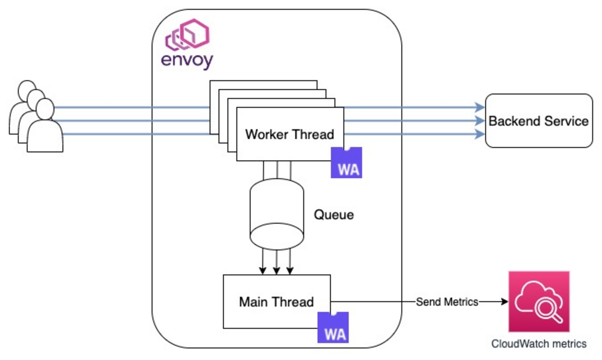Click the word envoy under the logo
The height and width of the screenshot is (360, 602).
click(187, 61)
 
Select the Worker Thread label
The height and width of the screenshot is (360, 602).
click(289, 135)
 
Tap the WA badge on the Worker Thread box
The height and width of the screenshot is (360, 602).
click(346, 163)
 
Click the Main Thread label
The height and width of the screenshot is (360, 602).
click(276, 302)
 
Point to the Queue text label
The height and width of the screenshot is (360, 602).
click(334, 215)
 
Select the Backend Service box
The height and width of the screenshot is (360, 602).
click(539, 121)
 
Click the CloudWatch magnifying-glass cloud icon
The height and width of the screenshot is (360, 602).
click(539, 302)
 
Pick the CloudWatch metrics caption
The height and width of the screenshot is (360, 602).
click(539, 344)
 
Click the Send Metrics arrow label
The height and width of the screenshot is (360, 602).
click(447, 302)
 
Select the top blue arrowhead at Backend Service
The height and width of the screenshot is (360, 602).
click(480, 108)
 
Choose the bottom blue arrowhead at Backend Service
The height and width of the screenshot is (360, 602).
click(480, 135)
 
